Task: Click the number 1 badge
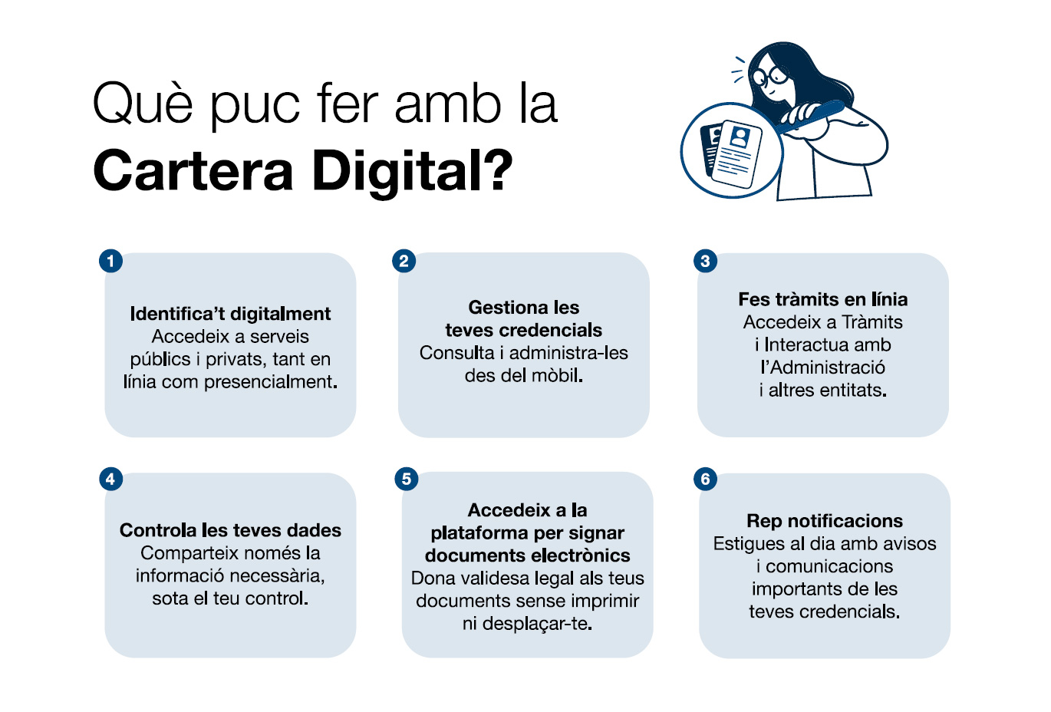110,261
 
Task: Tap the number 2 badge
404,261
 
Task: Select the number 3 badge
705,261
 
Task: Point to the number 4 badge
110,480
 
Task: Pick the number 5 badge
407,480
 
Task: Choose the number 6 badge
705,480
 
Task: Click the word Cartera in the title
193,170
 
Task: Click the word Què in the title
143,104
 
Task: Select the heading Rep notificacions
825,521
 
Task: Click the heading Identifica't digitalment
230,314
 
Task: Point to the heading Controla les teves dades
230,530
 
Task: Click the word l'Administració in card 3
823,367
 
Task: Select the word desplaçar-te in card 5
537,624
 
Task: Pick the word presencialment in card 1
270,382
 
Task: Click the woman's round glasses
770,76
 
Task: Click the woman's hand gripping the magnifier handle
802,114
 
